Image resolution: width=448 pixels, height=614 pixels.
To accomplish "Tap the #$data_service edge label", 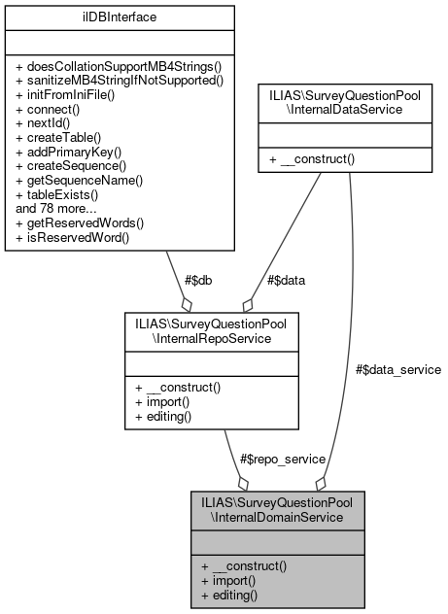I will click(x=397, y=369).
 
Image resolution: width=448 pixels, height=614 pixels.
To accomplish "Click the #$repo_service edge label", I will click(x=282, y=458).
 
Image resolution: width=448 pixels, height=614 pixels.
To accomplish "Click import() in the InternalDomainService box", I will click(x=228, y=580).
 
